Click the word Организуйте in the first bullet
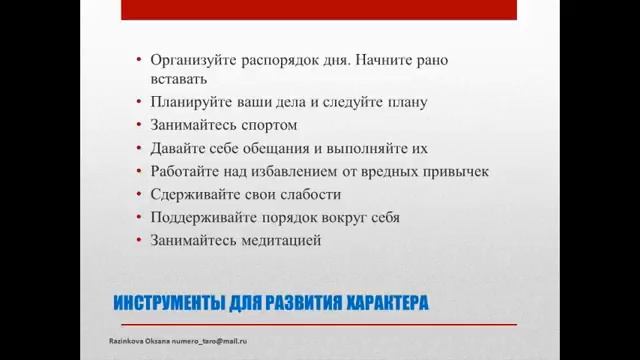click(x=191, y=59)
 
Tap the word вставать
click(x=179, y=78)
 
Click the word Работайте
click(x=183, y=171)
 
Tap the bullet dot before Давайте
click(x=139, y=149)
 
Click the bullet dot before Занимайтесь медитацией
click(x=139, y=241)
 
